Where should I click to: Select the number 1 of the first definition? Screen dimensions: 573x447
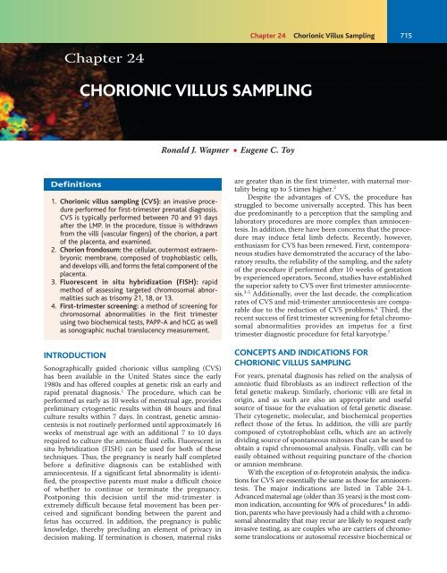pyautogui.click(x=26, y=208)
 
